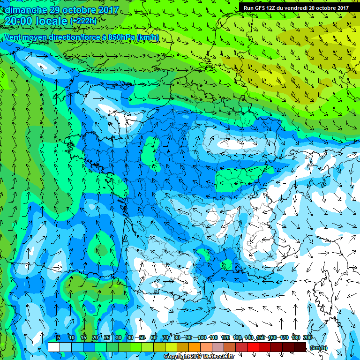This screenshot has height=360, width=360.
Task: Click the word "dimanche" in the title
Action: pos(24,10)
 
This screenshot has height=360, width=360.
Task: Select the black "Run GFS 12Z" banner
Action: pos(296,7)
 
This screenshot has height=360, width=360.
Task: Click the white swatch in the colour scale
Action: pos(53,347)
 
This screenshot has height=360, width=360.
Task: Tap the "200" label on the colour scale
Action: pos(307,338)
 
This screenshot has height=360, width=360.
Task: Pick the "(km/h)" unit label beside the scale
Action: pos(319,347)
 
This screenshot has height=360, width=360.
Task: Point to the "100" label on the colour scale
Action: pos(202,338)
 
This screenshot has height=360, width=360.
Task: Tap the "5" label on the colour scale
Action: pos(59,338)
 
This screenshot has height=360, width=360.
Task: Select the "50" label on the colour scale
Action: pos(142,338)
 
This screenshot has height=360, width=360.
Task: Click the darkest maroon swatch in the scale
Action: pos(300,347)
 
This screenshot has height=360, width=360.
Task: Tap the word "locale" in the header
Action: pos(51,21)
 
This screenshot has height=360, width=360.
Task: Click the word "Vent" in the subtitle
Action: pos(13,37)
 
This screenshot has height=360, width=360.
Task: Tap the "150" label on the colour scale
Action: pos(261,338)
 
